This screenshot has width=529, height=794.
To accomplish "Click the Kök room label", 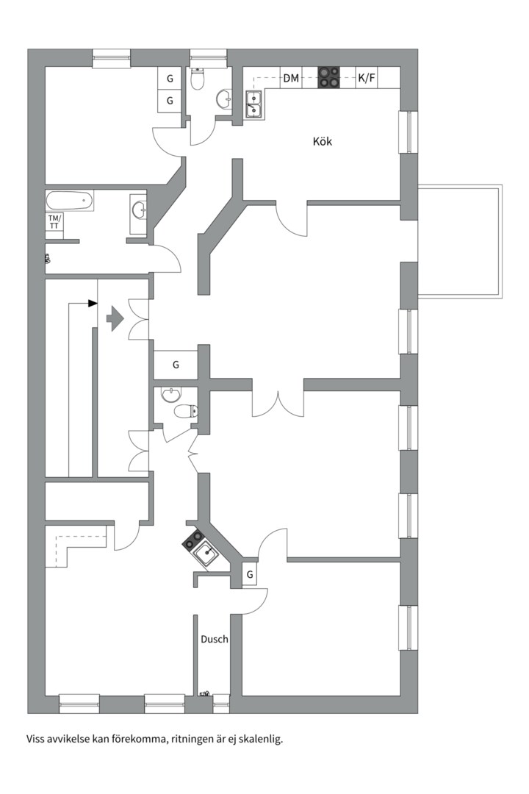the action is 323,141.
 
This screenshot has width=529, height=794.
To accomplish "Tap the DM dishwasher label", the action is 291,78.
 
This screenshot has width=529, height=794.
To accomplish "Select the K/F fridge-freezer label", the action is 367,78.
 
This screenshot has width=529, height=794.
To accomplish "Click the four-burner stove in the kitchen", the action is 329,77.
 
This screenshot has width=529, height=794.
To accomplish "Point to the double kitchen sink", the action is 253,104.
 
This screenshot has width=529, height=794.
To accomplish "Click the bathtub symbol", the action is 70,201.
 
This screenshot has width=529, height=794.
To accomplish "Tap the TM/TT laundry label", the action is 54,222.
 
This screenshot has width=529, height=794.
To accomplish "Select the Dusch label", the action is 214,640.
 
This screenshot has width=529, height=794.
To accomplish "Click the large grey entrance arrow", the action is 115,318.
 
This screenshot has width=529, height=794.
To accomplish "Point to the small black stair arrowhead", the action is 93,304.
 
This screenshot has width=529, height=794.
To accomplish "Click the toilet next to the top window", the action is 197,78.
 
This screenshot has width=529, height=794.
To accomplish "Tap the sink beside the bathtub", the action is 138,209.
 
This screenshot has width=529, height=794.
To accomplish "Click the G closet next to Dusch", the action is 250,575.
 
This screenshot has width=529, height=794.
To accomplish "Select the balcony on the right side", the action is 460,242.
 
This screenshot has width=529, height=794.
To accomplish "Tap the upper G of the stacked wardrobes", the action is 170,79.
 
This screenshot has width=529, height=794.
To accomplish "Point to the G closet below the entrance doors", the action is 176,365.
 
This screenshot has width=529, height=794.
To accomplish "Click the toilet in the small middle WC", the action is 185,412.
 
